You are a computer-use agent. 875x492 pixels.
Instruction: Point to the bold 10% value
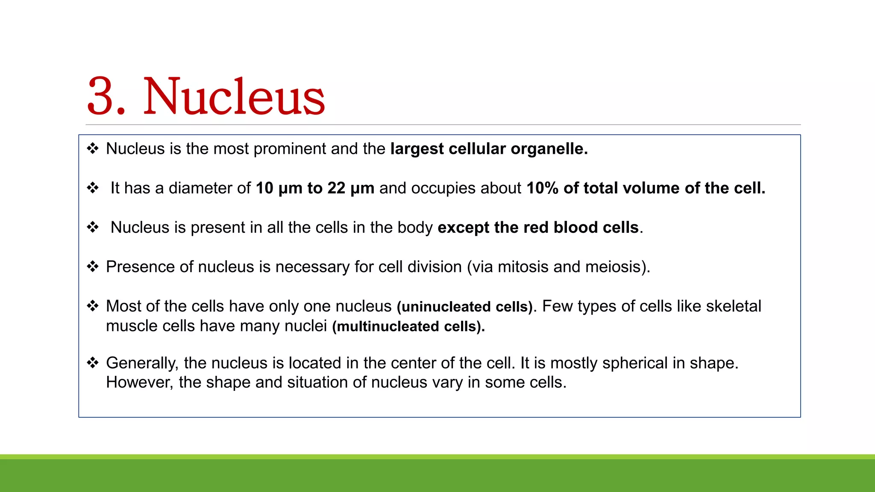point(542,188)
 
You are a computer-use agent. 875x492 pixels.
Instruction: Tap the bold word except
point(464,228)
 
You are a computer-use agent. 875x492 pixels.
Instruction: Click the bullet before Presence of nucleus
point(93,266)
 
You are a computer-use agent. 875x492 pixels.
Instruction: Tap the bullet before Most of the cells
point(93,306)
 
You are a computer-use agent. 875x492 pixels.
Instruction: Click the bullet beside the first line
point(93,149)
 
